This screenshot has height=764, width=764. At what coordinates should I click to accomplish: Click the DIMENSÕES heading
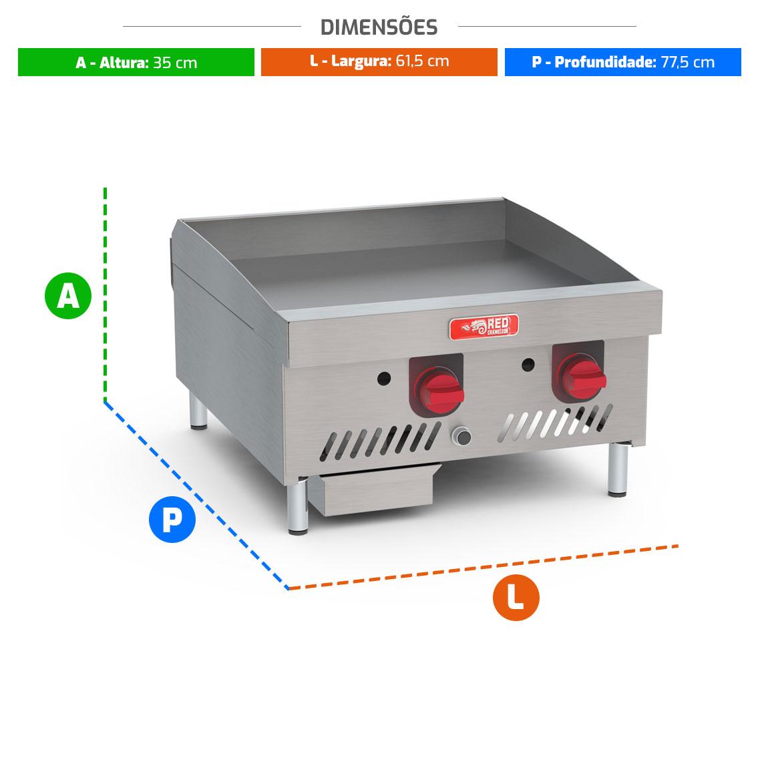pos(379,27)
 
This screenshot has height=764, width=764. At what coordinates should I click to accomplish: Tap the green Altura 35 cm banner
pos(136,62)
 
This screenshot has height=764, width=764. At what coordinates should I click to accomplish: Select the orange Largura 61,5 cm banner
pos(379,62)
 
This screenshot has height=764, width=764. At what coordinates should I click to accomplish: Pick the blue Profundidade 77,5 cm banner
pos(622,62)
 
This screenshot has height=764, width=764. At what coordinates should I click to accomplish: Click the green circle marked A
pos(68,296)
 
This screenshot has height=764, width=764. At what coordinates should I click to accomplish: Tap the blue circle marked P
pos(172,520)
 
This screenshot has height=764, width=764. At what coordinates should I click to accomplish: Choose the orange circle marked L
pos(516,597)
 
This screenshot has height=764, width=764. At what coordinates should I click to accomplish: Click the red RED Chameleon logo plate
pos(484,326)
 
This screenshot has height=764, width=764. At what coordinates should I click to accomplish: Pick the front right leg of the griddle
pos(618,469)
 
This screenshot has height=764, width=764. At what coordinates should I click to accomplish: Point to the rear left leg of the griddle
pos(198,412)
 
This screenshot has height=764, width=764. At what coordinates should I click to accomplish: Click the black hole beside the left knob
pos(384,378)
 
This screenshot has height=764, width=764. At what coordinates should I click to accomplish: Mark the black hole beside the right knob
pos(528,365)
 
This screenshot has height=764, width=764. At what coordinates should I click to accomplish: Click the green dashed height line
pos(106,295)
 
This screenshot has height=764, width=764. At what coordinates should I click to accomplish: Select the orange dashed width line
pos(483,567)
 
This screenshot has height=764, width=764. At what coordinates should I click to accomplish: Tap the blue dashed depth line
pos(196,495)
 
